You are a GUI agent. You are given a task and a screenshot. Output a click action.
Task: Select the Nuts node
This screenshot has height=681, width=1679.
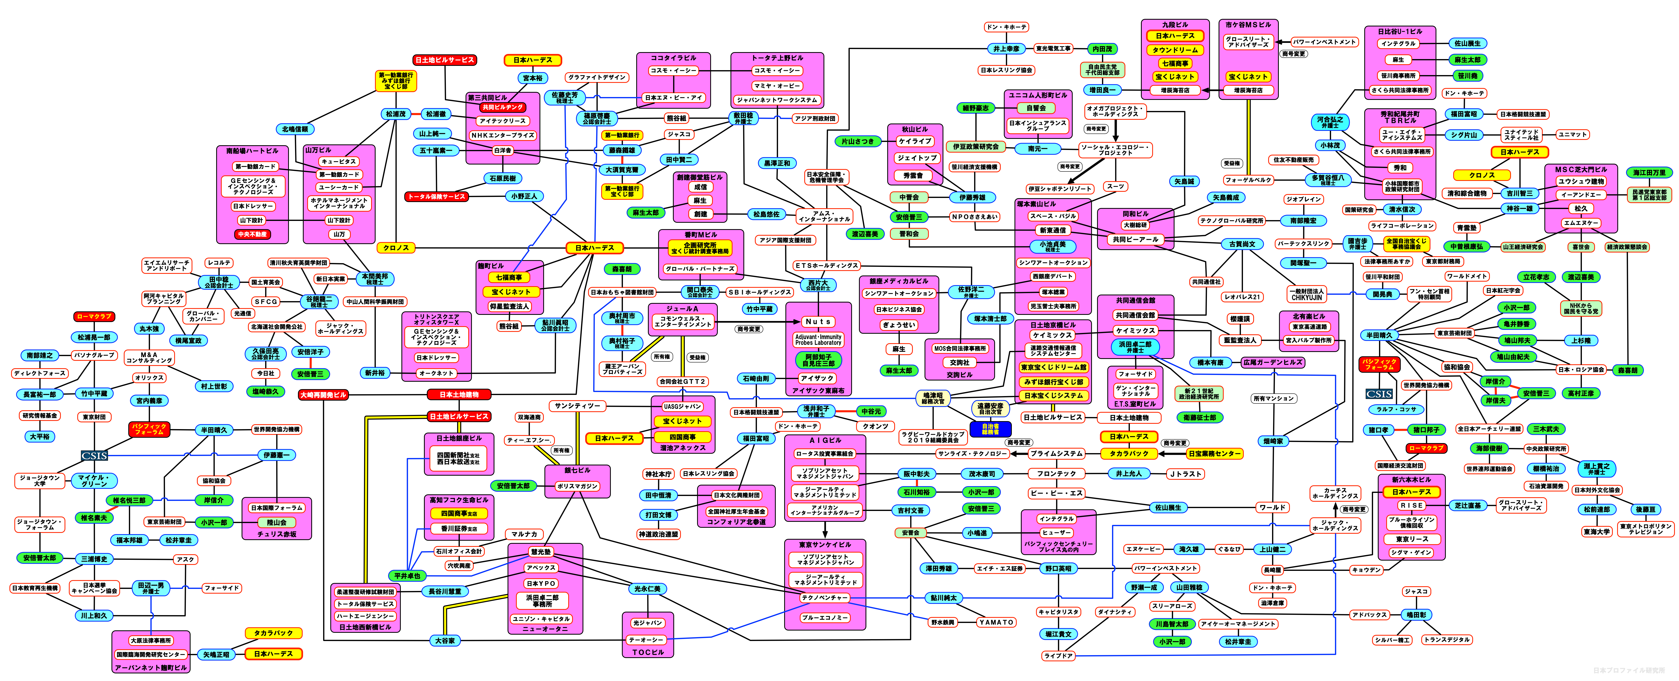point(818,322)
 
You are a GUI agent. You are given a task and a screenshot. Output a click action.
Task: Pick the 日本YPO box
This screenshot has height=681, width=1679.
point(541,583)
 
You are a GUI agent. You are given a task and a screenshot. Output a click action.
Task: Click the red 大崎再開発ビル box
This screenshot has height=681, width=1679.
point(323,395)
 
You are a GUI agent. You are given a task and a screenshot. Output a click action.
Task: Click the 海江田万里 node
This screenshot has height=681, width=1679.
point(1650,173)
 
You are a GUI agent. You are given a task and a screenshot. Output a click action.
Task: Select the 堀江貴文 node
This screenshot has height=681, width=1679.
point(1059,634)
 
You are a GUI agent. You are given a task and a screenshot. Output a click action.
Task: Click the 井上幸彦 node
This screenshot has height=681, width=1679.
point(1006,49)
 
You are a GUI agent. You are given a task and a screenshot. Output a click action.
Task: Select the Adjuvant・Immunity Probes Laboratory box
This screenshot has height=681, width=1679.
point(818,339)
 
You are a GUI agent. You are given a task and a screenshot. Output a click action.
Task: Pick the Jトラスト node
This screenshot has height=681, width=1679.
point(1185,474)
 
